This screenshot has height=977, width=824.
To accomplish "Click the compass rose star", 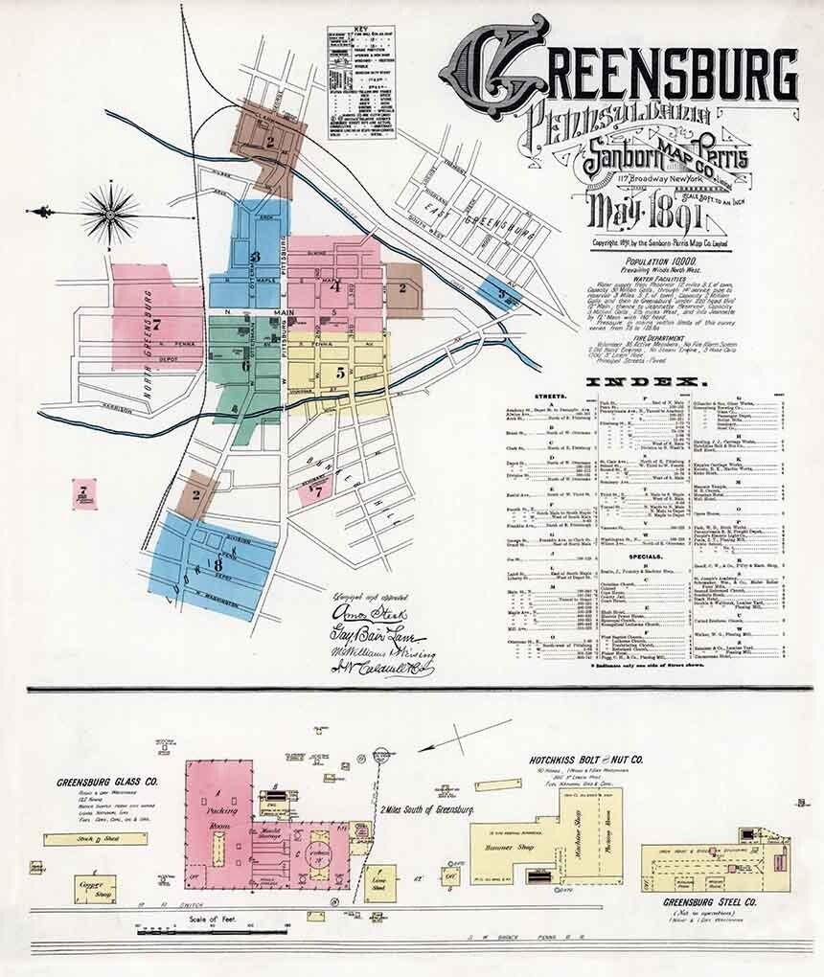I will [x=109, y=211].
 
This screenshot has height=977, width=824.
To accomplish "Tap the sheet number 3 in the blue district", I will [x=256, y=256].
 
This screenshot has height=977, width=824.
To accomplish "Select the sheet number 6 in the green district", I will [x=246, y=365].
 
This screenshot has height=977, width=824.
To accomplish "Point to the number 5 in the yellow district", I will [x=340, y=374].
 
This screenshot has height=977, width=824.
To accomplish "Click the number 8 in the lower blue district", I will [x=218, y=564].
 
